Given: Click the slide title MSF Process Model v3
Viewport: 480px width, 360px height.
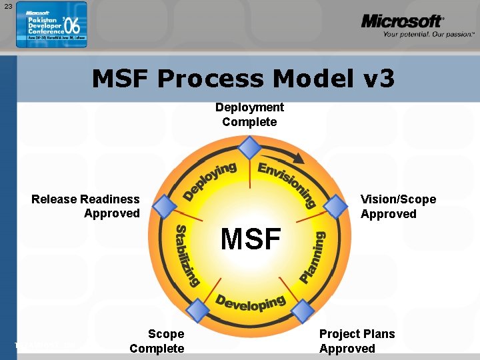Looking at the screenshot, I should coord(243,79).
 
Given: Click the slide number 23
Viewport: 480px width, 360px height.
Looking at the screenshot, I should coord(8,6).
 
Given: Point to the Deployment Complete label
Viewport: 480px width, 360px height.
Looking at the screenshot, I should coord(249,115).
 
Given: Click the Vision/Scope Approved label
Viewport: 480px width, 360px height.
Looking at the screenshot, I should coord(398,207).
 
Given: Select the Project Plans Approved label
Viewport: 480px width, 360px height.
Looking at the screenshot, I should coord(357,341).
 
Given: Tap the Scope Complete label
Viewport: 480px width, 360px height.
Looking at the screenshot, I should coord(157,341).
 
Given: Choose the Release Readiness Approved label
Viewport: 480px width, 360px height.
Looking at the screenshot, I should coord(86,206).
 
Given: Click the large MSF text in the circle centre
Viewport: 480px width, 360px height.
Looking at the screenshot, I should coord(251,239).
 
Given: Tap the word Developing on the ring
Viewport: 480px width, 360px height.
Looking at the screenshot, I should coord(250,302).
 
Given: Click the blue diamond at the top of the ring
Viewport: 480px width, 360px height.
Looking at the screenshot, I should coord(249,147).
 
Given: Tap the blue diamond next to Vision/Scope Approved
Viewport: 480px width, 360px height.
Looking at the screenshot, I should coord(335,206).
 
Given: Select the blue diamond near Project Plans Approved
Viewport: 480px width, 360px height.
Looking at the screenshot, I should coord(301,310).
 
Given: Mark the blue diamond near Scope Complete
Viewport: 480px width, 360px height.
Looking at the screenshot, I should coord(198,310).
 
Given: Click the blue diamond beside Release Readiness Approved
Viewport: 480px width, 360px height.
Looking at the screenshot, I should coord(165,206).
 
